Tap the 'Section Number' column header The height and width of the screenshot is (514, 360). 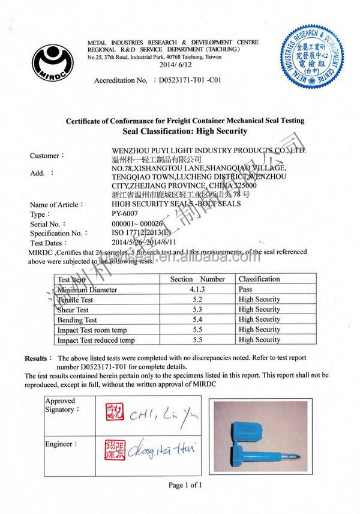(x=197, y=279)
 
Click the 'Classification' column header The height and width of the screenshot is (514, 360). (x=259, y=279)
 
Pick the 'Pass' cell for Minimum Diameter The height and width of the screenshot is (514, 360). (x=245, y=289)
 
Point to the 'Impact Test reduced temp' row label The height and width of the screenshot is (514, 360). (x=95, y=340)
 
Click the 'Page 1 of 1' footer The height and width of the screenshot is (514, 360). (x=185, y=485)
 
